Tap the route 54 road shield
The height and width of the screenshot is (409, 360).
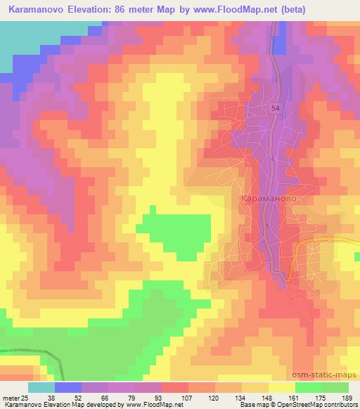pos(276,109)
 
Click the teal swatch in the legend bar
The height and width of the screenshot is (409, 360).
pos(41,387)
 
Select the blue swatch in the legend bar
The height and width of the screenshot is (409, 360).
pos(68,387)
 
